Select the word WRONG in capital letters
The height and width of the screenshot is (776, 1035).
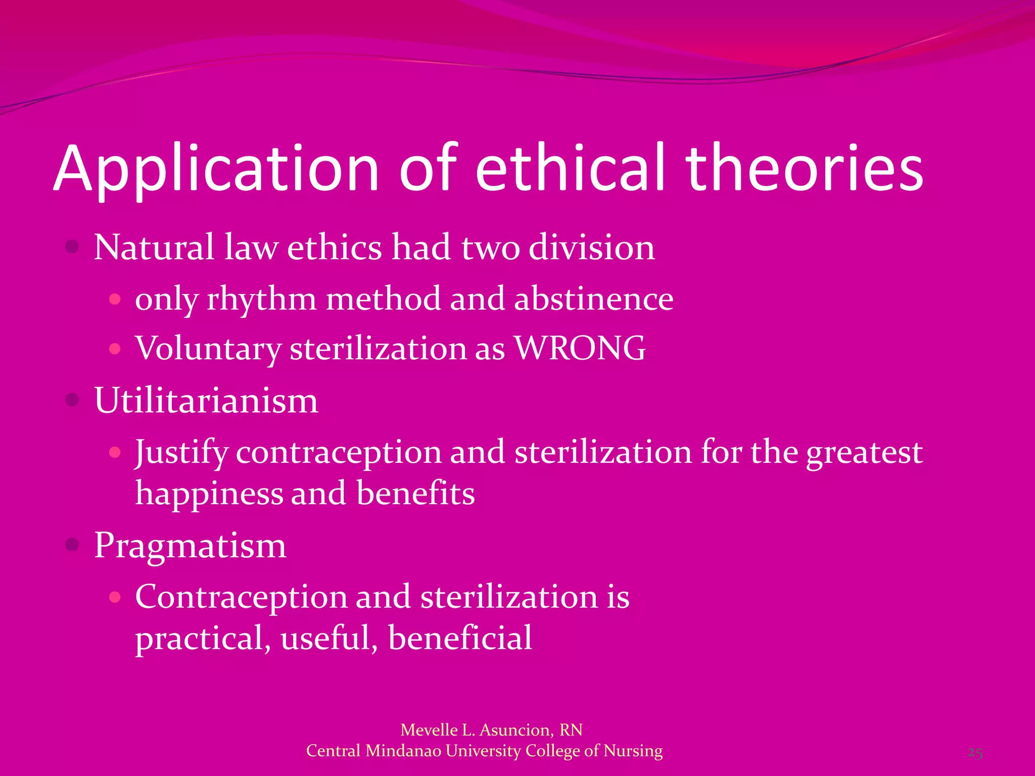[x=580, y=348]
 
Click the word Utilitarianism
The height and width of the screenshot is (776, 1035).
[x=206, y=400]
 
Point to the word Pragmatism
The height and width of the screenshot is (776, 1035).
[x=190, y=546]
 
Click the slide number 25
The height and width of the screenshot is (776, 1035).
[x=975, y=753]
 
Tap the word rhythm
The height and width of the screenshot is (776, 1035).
[x=261, y=299]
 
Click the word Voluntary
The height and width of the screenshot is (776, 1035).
[x=208, y=349]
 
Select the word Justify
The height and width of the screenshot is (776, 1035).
[x=181, y=452]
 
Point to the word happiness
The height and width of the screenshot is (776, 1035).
[x=209, y=494]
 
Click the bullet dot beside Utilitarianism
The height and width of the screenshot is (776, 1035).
[x=73, y=400]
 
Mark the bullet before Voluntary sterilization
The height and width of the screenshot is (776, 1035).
[x=115, y=349]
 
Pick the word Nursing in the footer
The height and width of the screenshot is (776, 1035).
[x=633, y=751]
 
